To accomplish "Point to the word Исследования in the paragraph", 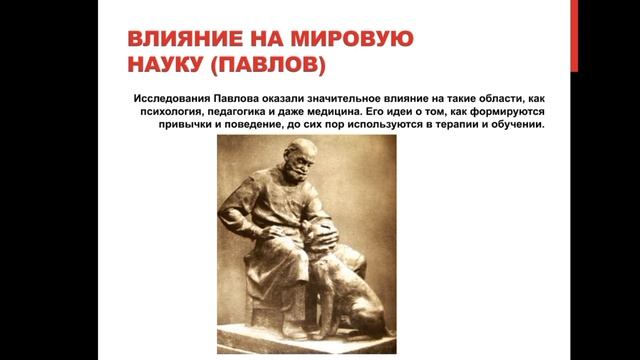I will pos(171,101).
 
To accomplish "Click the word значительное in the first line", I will pos(355,101).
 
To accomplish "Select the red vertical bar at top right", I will pos(574,35).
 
